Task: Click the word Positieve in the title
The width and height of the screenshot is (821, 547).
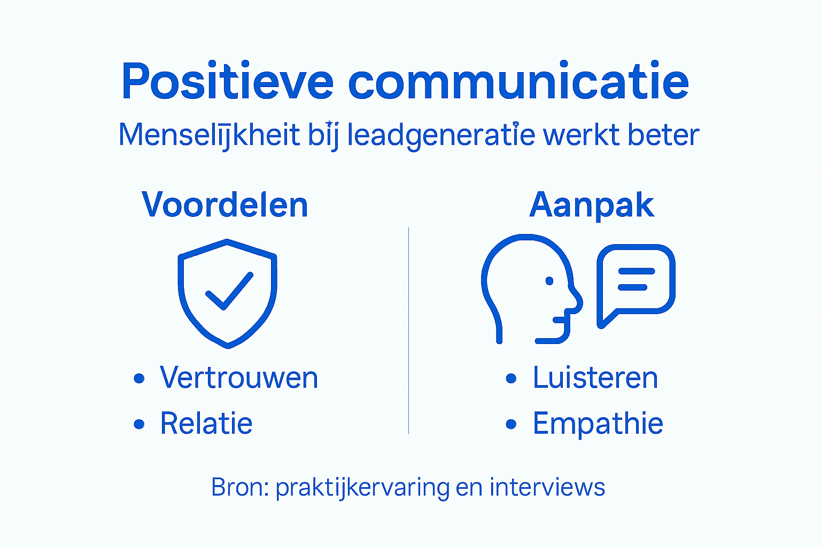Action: pyautogui.click(x=227, y=81)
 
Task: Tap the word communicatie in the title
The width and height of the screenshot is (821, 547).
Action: pyautogui.click(x=518, y=81)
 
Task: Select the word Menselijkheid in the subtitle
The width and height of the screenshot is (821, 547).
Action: pyautogui.click(x=209, y=135)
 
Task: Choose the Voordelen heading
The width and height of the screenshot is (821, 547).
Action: pyautogui.click(x=225, y=205)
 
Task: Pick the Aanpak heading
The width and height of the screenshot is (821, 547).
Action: pyautogui.click(x=592, y=205)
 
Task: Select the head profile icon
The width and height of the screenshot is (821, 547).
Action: pyautogui.click(x=529, y=288)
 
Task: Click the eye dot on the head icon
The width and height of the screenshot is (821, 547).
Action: pyautogui.click(x=549, y=281)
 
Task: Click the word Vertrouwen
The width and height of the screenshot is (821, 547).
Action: pyautogui.click(x=239, y=378)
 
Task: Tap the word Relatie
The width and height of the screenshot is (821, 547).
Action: pyautogui.click(x=206, y=424)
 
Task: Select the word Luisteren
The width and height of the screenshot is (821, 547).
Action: pyautogui.click(x=595, y=378)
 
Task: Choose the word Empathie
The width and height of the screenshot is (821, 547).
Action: pyautogui.click(x=598, y=424)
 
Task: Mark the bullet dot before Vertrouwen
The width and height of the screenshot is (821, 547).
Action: pyautogui.click(x=139, y=379)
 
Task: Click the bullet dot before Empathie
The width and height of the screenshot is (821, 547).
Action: pyautogui.click(x=512, y=425)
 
